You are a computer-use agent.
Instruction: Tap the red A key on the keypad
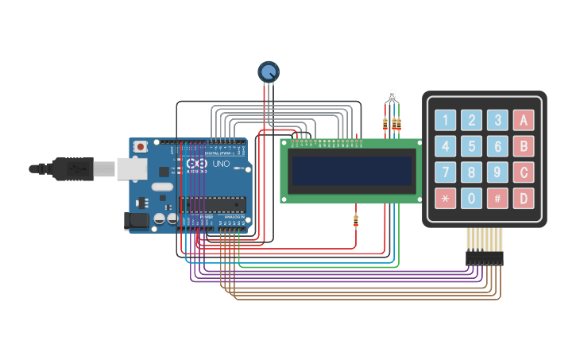click(x=524, y=120)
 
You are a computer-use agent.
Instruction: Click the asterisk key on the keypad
click(x=446, y=198)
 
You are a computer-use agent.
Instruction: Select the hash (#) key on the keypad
click(x=497, y=198)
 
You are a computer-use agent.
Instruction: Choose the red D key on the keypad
click(x=524, y=198)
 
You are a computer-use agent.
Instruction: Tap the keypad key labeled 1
click(x=446, y=120)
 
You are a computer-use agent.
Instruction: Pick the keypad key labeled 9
click(x=497, y=172)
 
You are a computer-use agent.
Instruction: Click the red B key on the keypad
click(x=524, y=146)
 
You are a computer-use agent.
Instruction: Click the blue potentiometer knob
click(x=269, y=72)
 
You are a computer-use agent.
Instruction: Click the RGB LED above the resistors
click(x=391, y=96)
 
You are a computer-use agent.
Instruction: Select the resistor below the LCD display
click(x=355, y=221)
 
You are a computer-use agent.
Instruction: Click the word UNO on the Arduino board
click(x=222, y=164)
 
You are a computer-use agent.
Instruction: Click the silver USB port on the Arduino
click(x=132, y=168)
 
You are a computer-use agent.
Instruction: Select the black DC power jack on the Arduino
click(x=137, y=221)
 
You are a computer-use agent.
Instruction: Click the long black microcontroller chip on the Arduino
click(x=212, y=204)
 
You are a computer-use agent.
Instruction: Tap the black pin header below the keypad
click(x=484, y=257)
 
